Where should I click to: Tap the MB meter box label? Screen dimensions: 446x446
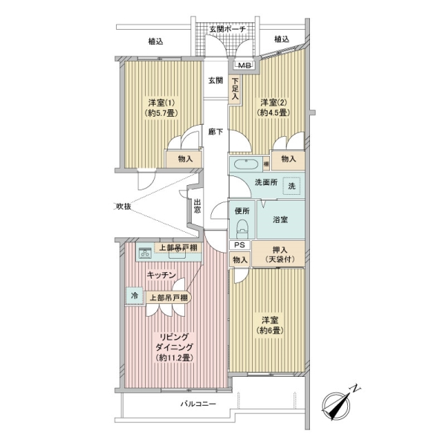(245, 65)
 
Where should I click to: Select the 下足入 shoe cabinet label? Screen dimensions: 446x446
(235, 88)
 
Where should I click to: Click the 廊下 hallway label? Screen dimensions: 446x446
(216, 133)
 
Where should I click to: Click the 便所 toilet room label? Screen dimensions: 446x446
(242, 212)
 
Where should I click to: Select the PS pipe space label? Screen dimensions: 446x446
(240, 245)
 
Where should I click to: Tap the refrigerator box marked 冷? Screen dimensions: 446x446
(135, 295)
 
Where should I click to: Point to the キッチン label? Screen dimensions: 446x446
(161, 275)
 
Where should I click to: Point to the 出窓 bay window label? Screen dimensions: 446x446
(197, 205)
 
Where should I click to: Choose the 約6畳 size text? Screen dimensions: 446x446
(269, 330)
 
